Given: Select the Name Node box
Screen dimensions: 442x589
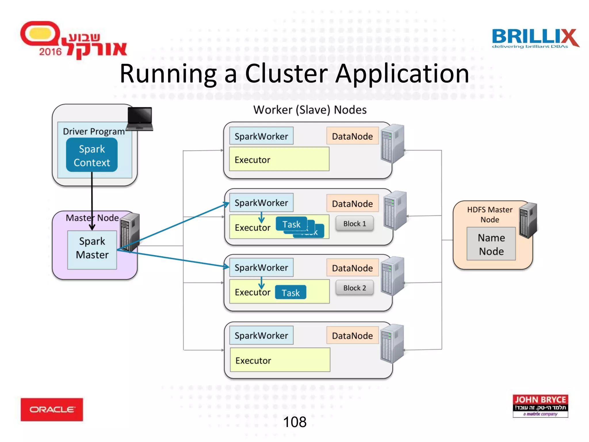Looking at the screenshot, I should click(491, 244).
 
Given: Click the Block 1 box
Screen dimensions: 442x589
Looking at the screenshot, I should click(354, 224).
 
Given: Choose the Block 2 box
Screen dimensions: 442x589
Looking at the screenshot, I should click(354, 288).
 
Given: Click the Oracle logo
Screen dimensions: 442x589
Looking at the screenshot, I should click(52, 409).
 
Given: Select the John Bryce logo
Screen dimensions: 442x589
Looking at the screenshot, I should click(540, 406).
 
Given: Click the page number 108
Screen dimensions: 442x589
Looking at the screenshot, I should click(294, 422).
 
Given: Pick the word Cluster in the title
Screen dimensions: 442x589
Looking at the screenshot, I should click(286, 74).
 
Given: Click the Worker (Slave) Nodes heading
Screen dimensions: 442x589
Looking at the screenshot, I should click(310, 110).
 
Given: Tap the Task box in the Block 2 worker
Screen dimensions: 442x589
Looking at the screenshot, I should click(290, 293).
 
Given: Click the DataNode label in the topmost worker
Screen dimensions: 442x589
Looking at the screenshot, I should click(352, 136).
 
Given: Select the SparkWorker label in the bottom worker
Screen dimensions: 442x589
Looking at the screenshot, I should click(261, 336).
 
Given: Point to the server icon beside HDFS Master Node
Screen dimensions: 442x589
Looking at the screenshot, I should click(528, 220).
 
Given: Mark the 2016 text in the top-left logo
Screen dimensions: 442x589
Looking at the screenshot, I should click(50, 52).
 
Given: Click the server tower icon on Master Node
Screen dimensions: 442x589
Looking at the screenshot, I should click(130, 232).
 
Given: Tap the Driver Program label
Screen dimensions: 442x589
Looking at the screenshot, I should click(94, 132).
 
